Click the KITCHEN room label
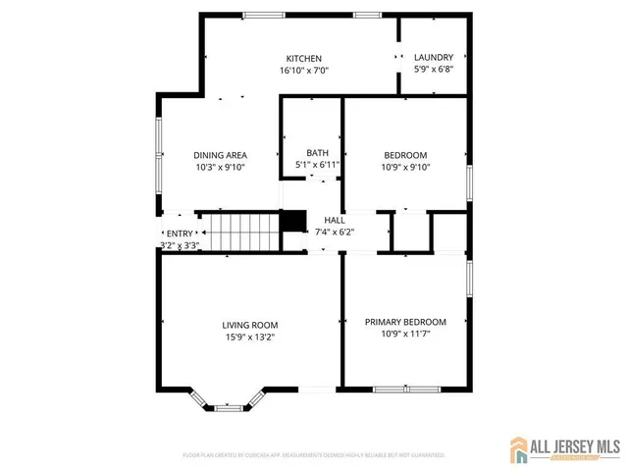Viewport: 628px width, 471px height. tap(303, 59)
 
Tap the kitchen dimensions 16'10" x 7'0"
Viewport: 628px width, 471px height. tap(303, 71)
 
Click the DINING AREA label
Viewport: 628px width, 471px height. tap(220, 155)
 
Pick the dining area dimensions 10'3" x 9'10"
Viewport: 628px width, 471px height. tap(220, 167)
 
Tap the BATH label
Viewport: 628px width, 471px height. tap(317, 153)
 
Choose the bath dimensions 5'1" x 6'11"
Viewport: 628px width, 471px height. tap(317, 165)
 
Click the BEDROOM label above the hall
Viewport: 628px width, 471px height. tap(405, 155)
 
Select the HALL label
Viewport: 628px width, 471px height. tap(334, 221)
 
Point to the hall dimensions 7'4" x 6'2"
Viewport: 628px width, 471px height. tap(334, 233)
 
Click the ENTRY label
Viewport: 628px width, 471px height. tap(180, 234)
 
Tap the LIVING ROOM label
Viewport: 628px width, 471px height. tap(249, 326)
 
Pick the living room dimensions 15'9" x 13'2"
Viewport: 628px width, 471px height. tap(249, 338)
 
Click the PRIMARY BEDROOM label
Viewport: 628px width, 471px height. tap(405, 322)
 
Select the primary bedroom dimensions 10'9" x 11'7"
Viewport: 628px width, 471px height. tap(405, 334)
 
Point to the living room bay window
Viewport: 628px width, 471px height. tap(229, 401)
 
